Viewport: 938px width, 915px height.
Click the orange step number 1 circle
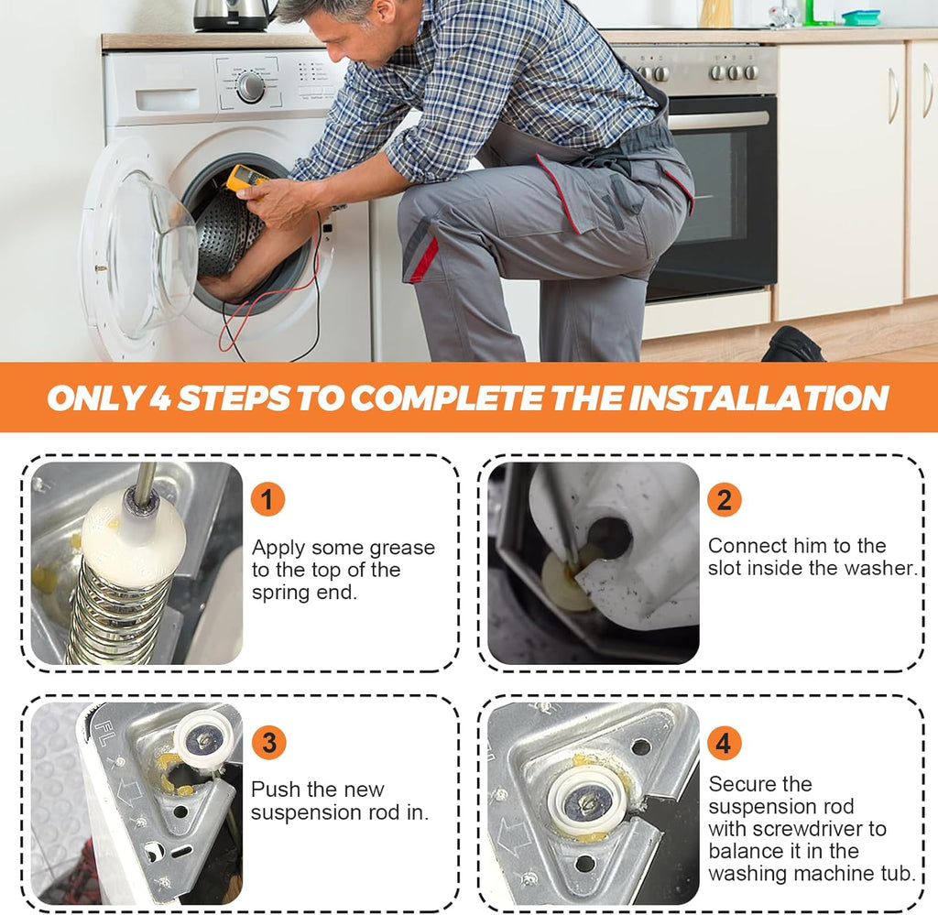point(267,499)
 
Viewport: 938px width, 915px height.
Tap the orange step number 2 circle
point(724,499)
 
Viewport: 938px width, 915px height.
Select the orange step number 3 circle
point(269,742)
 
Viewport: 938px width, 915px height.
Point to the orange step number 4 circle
point(724,743)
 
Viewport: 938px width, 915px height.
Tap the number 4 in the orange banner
point(159,398)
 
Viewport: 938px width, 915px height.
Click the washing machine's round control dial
point(250,87)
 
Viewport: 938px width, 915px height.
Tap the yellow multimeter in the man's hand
point(245,180)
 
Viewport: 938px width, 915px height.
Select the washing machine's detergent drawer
point(168,100)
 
